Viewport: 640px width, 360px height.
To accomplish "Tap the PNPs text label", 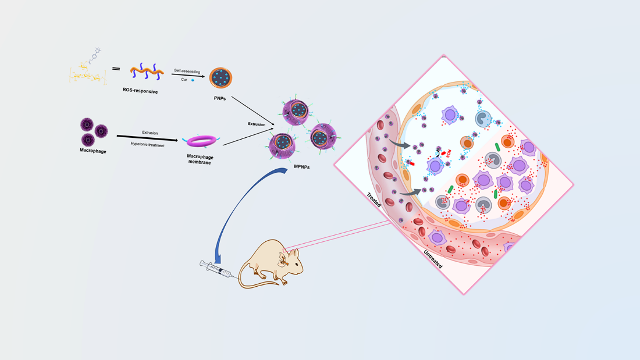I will click(220, 99).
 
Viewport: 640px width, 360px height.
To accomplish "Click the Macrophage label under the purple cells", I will click(93, 151).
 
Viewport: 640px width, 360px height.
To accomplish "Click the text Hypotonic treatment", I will click(148, 145).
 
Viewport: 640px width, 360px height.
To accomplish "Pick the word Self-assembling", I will click(187, 71).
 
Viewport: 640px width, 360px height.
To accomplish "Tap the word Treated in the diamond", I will click(374, 200).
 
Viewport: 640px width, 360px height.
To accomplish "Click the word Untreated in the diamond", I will click(433, 259).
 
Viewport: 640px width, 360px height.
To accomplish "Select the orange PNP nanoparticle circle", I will click(221, 78).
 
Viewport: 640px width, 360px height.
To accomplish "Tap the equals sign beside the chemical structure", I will click(116, 69).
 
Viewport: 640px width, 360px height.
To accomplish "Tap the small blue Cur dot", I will click(193, 80).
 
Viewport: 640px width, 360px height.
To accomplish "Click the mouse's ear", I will click(283, 255).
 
